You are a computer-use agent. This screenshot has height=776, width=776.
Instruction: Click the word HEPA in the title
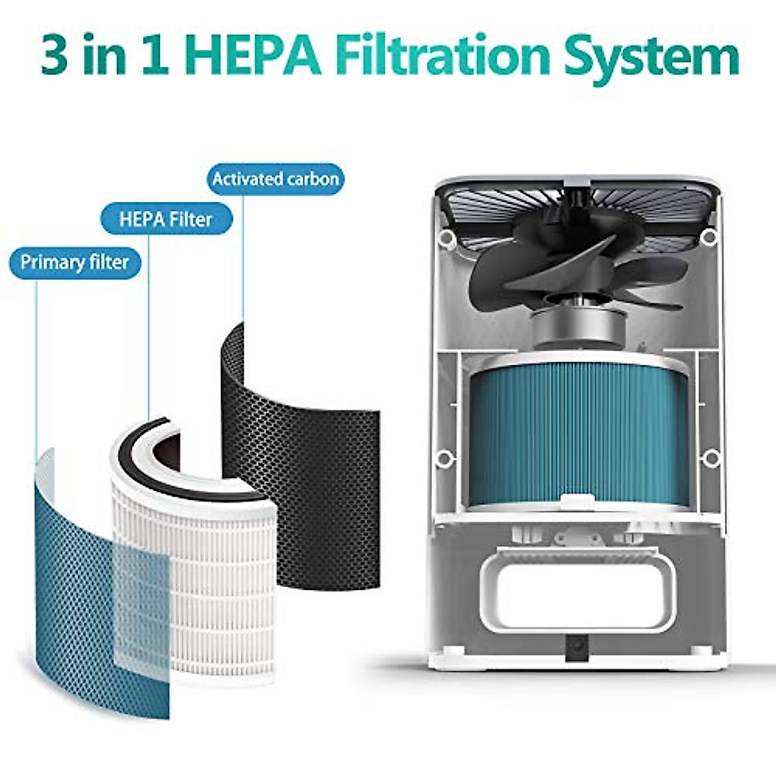[x=252, y=56]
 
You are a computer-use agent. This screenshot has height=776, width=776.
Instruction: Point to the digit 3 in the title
[x=54, y=57]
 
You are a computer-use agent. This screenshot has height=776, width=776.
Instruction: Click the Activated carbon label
[x=275, y=179]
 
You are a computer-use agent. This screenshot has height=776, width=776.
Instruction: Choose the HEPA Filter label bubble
[x=166, y=220]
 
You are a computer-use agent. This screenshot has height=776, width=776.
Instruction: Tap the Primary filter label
[x=74, y=263]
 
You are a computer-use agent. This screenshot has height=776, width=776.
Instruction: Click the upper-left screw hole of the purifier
[x=445, y=239]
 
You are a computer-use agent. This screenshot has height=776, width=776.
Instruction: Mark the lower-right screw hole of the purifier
[x=711, y=458]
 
